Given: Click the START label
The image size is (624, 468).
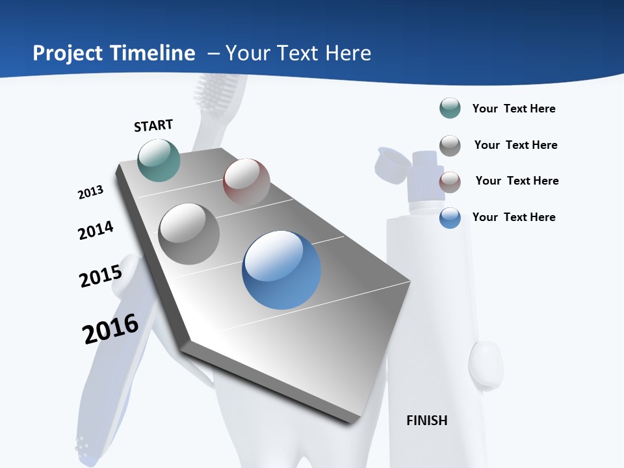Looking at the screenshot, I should pyautogui.click(x=153, y=125).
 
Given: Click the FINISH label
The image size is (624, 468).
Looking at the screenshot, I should pyautogui.click(x=426, y=421).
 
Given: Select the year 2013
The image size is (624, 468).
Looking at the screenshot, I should pyautogui.click(x=90, y=192).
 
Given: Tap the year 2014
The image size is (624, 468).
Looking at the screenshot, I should pyautogui.click(x=96, y=230).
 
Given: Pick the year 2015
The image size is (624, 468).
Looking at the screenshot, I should pyautogui.click(x=100, y=276).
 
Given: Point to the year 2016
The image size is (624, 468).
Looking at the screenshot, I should pyautogui.click(x=110, y=329).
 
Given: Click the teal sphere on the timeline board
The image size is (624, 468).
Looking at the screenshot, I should pyautogui.click(x=159, y=160).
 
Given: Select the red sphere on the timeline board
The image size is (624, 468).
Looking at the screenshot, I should pyautogui.click(x=246, y=181).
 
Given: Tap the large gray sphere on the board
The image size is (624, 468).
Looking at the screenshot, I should pyautogui.click(x=189, y=233).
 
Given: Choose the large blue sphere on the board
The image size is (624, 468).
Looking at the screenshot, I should pyautogui.click(x=281, y=270).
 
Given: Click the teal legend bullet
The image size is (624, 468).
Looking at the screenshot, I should pyautogui.click(x=450, y=109).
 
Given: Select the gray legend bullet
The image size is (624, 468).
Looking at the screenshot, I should pyautogui.click(x=450, y=146).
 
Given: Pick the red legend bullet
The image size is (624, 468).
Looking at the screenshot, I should pyautogui.click(x=450, y=182).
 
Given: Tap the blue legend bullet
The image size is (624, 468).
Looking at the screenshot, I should pyautogui.click(x=450, y=218).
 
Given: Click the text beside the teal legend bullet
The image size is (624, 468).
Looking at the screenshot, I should pyautogui.click(x=513, y=109).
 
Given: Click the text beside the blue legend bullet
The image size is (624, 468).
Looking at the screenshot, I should pyautogui.click(x=513, y=217).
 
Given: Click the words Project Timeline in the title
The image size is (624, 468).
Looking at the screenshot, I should pyautogui.click(x=114, y=53).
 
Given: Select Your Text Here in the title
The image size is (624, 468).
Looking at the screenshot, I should pyautogui.click(x=298, y=53).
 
